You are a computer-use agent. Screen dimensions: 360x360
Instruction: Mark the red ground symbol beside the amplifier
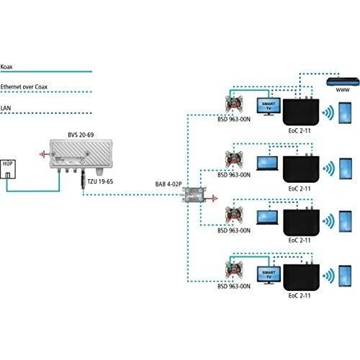[x=46, y=153]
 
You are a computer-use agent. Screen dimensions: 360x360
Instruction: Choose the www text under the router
[x=332, y=93]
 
